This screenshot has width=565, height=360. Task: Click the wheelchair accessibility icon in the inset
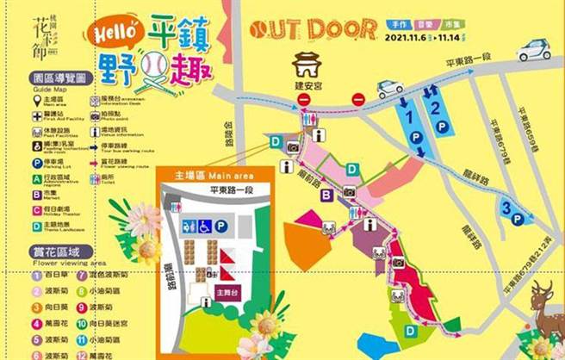click(x=205, y=227)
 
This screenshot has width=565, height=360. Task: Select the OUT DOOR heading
click(x=313, y=28)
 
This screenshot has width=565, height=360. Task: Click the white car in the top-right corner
click(x=533, y=49)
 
